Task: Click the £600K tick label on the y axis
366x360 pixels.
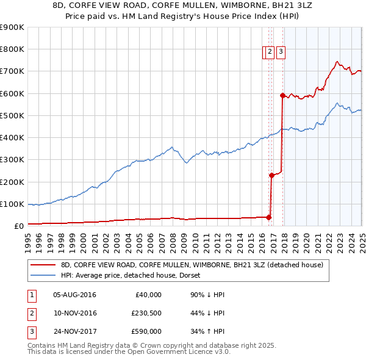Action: click(12, 93)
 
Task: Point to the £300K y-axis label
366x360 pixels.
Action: click(12, 160)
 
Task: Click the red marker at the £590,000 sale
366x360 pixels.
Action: click(282, 95)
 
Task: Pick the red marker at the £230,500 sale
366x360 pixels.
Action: click(271, 175)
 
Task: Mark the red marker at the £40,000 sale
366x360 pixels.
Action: click(268, 217)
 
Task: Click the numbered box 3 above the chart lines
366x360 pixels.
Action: click(280, 52)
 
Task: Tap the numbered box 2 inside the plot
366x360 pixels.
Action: click(268, 52)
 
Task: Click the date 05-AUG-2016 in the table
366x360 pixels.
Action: click(74, 295)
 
